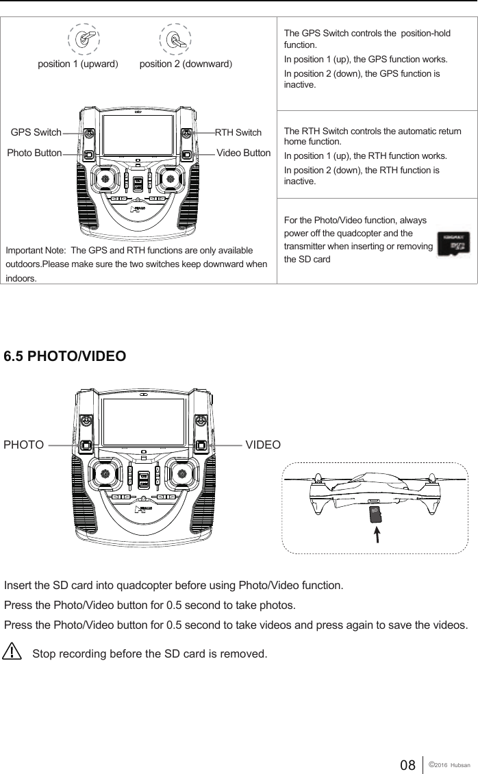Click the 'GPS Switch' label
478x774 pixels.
[x=36, y=132]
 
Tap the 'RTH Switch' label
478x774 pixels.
[x=238, y=132]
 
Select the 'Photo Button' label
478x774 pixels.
[x=34, y=153]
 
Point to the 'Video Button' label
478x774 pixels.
[x=243, y=152]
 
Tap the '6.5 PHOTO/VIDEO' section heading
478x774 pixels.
[x=65, y=357]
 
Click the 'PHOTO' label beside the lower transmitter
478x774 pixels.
[x=24, y=445]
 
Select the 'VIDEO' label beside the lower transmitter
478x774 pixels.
[x=263, y=445]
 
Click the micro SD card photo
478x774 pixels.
[x=453, y=247]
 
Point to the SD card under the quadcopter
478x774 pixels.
[x=375, y=514]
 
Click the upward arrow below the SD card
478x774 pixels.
[x=375, y=535]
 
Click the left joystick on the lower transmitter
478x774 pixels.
[x=105, y=471]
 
